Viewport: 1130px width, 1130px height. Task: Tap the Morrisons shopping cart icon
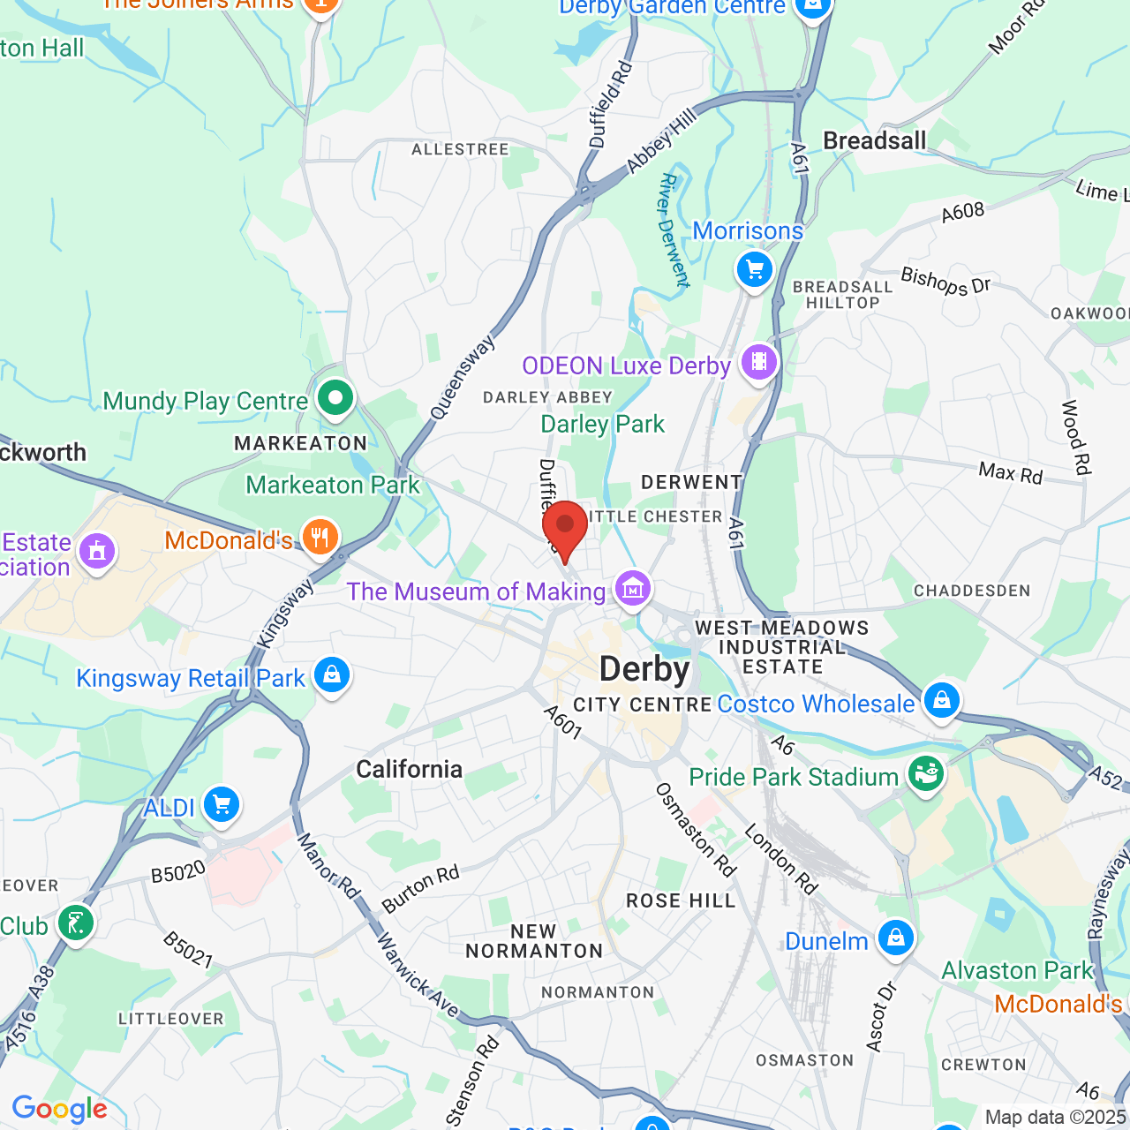(x=755, y=269)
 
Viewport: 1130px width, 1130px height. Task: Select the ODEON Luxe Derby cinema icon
(x=758, y=362)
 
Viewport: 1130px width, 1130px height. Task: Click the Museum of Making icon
(x=632, y=588)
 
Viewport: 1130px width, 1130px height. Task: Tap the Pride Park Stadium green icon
(x=925, y=774)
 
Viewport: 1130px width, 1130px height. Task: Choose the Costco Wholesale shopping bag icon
(x=941, y=700)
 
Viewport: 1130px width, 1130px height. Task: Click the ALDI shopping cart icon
(x=221, y=804)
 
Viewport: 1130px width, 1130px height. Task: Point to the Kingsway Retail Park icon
(x=332, y=675)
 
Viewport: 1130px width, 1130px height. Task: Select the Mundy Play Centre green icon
(x=335, y=398)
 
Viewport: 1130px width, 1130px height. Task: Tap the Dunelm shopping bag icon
(x=895, y=938)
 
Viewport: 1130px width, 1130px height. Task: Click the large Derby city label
(x=644, y=669)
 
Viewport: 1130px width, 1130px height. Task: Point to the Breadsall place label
(x=874, y=140)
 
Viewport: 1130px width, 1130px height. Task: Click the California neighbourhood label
(x=409, y=769)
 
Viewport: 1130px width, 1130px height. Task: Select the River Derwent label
(x=674, y=230)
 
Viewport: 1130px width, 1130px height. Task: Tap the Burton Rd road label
(x=420, y=888)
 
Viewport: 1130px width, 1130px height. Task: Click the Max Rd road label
(x=1010, y=474)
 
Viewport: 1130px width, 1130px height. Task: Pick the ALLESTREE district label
(x=460, y=150)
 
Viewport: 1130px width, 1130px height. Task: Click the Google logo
(x=59, y=1109)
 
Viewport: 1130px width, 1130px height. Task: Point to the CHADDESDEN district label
(x=971, y=591)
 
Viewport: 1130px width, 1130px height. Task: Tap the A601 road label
(x=562, y=722)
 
